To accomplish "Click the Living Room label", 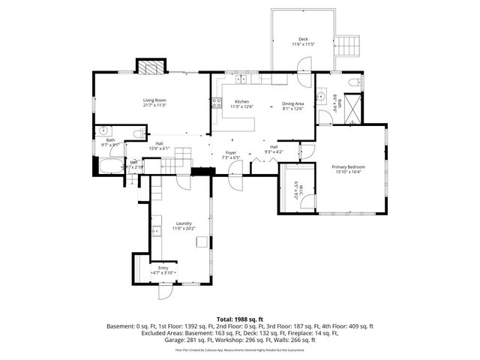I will point(154,103).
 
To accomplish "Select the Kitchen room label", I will point(241,103).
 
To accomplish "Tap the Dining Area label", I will point(292,106).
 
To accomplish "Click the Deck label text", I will point(303,42).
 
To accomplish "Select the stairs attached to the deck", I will point(346,45).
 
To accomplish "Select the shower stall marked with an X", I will point(352,106).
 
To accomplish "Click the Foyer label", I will point(231,154).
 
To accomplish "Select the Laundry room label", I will point(184,225).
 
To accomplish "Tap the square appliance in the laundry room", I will point(201,241).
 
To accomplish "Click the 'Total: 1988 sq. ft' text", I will point(239,319).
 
